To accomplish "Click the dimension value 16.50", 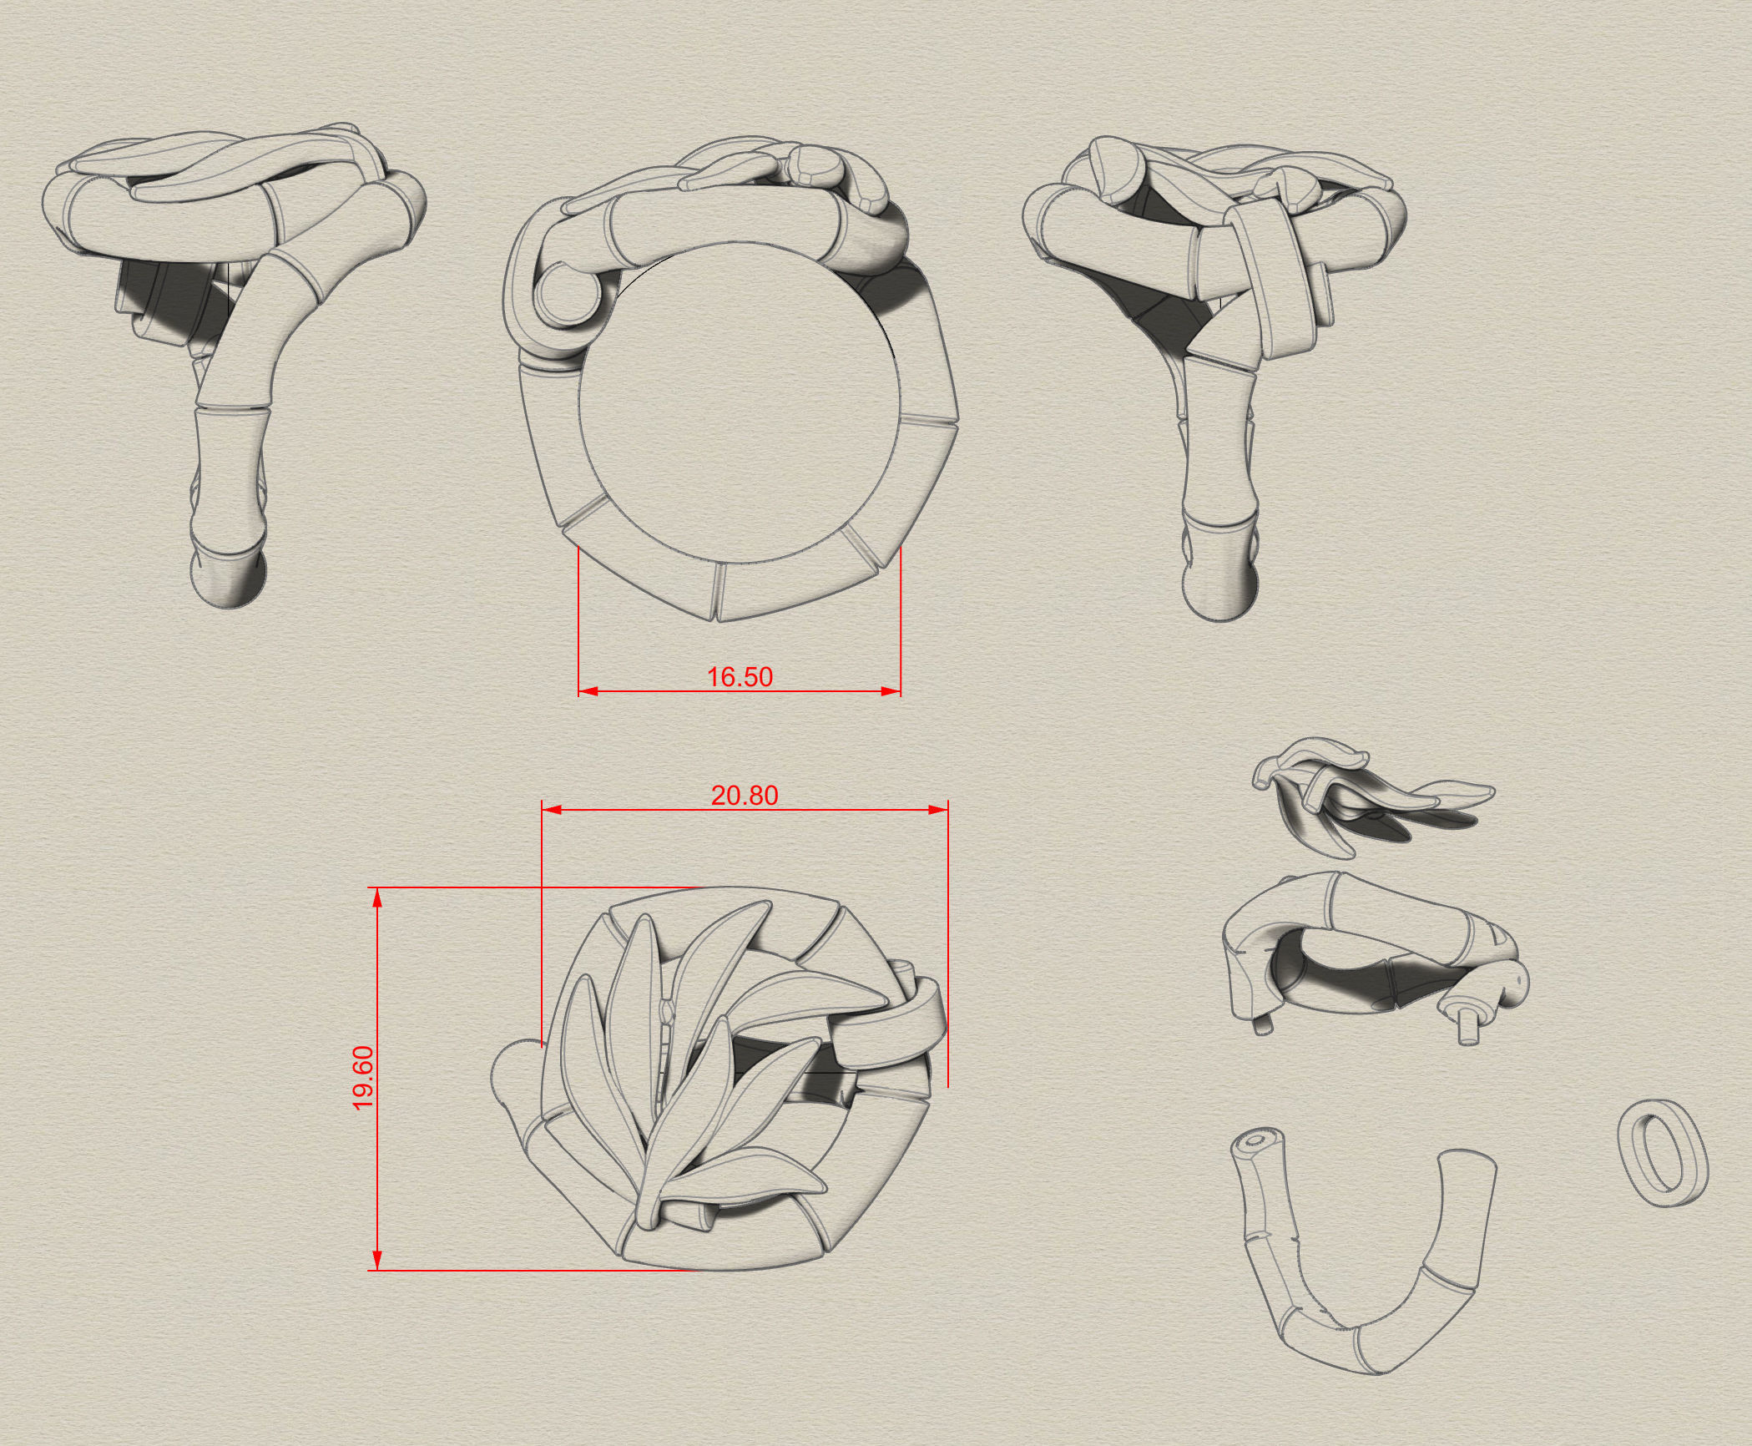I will [740, 677].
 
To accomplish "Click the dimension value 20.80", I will [744, 796].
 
